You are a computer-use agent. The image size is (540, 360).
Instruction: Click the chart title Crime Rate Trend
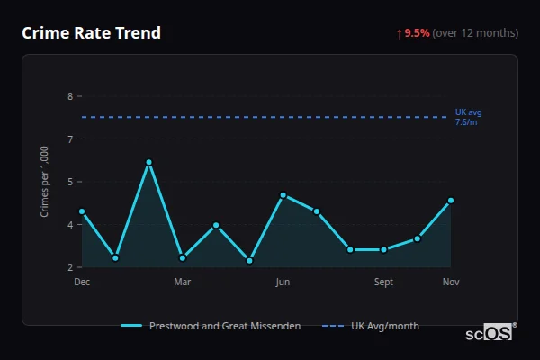[91, 33]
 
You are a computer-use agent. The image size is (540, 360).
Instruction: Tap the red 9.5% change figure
[417, 33]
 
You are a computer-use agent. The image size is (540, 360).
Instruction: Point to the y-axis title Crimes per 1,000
[45, 183]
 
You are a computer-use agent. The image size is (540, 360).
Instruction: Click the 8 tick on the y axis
[69, 96]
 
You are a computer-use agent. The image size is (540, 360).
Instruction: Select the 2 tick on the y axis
[69, 267]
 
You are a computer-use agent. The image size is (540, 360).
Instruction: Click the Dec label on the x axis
[82, 282]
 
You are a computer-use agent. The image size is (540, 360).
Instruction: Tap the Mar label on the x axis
[183, 282]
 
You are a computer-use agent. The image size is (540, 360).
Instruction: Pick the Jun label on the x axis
[283, 282]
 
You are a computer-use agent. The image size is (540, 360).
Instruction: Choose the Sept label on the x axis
[383, 282]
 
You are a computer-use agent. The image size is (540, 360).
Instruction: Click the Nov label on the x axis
[451, 282]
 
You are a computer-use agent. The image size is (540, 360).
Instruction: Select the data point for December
[82, 211]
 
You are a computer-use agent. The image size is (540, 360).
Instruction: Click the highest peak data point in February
[148, 163]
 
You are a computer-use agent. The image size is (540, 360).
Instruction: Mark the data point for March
[183, 257]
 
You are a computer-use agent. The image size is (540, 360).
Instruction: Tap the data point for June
[283, 195]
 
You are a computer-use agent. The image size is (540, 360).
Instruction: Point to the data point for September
[383, 249]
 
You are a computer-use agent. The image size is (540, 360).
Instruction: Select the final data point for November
[451, 201]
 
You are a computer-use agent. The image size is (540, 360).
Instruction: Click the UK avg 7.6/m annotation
[468, 117]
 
